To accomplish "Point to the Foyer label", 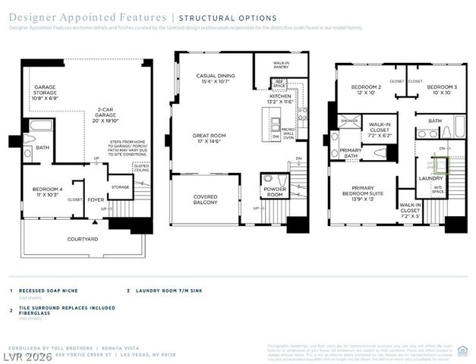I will coord(95,200).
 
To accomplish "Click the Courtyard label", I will coord(82,239).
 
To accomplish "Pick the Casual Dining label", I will coord(216,79).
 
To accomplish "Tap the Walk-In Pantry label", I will coord(283,67).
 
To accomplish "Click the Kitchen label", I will coord(280,99).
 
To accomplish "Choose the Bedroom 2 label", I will coord(364,90).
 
